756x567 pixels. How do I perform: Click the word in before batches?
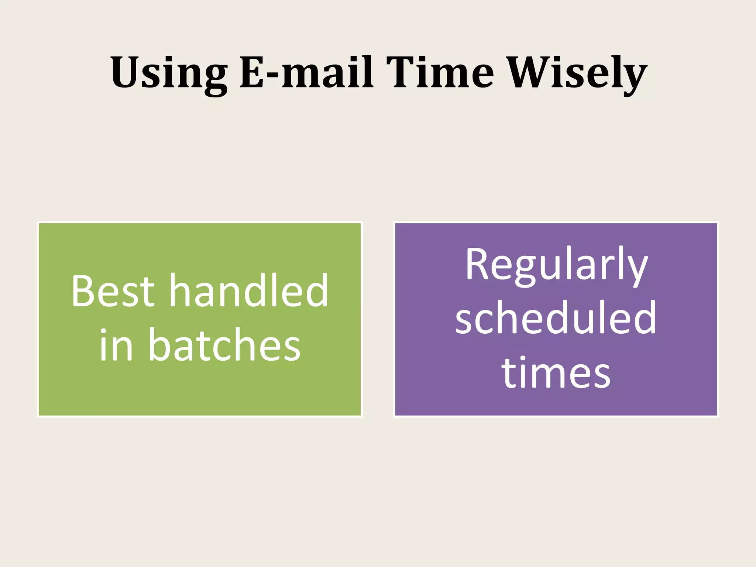[x=116, y=345]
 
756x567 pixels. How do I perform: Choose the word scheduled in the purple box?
[x=556, y=318]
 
